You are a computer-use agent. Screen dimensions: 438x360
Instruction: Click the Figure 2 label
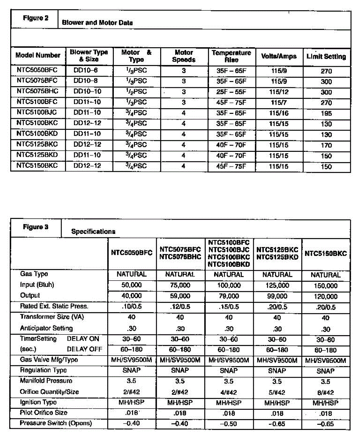click(35, 18)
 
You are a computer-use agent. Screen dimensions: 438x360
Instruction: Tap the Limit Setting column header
click(326, 57)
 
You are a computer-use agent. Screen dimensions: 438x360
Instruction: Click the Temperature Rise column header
click(231, 56)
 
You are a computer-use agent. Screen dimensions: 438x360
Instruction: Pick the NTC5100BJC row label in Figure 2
click(37, 113)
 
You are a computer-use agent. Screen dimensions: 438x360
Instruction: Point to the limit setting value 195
click(326, 114)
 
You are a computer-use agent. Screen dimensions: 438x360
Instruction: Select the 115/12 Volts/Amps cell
click(279, 92)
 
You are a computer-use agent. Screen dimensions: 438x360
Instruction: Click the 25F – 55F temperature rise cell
click(231, 92)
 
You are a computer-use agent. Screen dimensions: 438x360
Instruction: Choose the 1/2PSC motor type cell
click(135, 92)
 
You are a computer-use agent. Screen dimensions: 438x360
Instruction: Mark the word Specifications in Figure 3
click(93, 231)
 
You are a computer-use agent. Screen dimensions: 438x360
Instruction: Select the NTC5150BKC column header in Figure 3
click(326, 253)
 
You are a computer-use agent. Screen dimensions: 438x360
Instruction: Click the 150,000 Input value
click(326, 286)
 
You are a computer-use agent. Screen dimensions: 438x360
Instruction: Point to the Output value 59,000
click(180, 296)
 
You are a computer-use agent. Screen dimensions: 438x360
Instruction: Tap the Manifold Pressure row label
click(46, 381)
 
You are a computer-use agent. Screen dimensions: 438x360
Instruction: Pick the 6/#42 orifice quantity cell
click(326, 392)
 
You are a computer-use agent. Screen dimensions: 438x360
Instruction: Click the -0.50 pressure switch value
click(229, 424)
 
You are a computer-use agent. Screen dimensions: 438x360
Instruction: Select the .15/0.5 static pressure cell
click(229, 307)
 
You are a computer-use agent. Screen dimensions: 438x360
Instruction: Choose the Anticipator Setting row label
click(46, 328)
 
